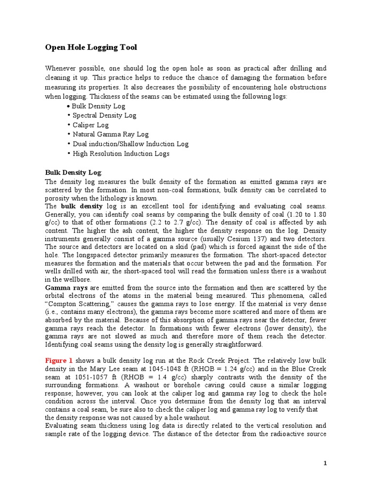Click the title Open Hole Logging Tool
[x=91, y=47]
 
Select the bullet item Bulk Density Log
[x=98, y=106]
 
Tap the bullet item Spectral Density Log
[x=104, y=115]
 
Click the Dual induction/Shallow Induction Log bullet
[x=130, y=144]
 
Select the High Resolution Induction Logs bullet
[x=121, y=154]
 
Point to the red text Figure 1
[x=59, y=360]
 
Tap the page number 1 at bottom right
[x=325, y=464]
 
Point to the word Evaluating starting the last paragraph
[x=62, y=425]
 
